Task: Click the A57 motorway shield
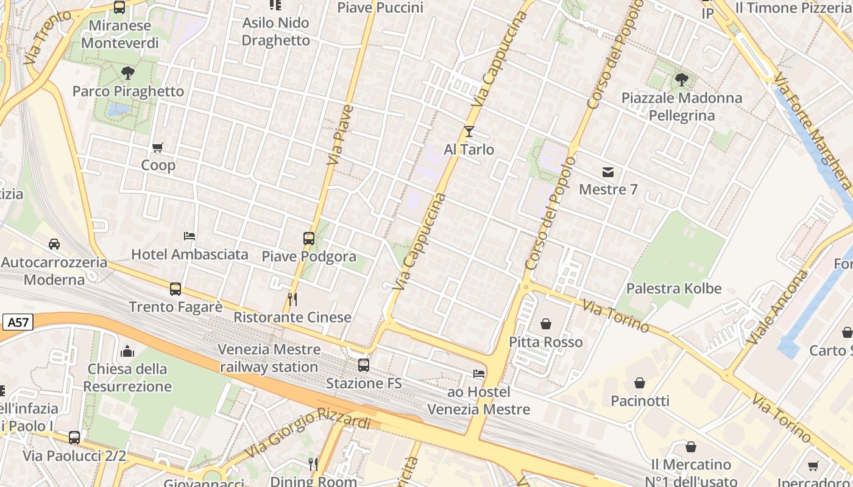(18, 323)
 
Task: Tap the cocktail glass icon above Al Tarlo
(469, 131)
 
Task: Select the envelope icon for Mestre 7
(608, 172)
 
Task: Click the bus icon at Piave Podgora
(309, 238)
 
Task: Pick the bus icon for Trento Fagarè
(175, 289)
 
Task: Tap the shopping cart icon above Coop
(158, 147)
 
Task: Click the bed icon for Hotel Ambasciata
(189, 236)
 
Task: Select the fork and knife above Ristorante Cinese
(292, 300)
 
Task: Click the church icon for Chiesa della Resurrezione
(127, 351)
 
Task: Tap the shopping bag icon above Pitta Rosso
(546, 324)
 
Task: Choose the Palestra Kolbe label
(674, 289)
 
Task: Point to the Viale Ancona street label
(777, 307)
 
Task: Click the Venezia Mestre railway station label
(269, 358)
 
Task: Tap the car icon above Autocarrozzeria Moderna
(54, 244)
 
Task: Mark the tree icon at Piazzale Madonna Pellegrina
(682, 80)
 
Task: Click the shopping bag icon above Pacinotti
(640, 383)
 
